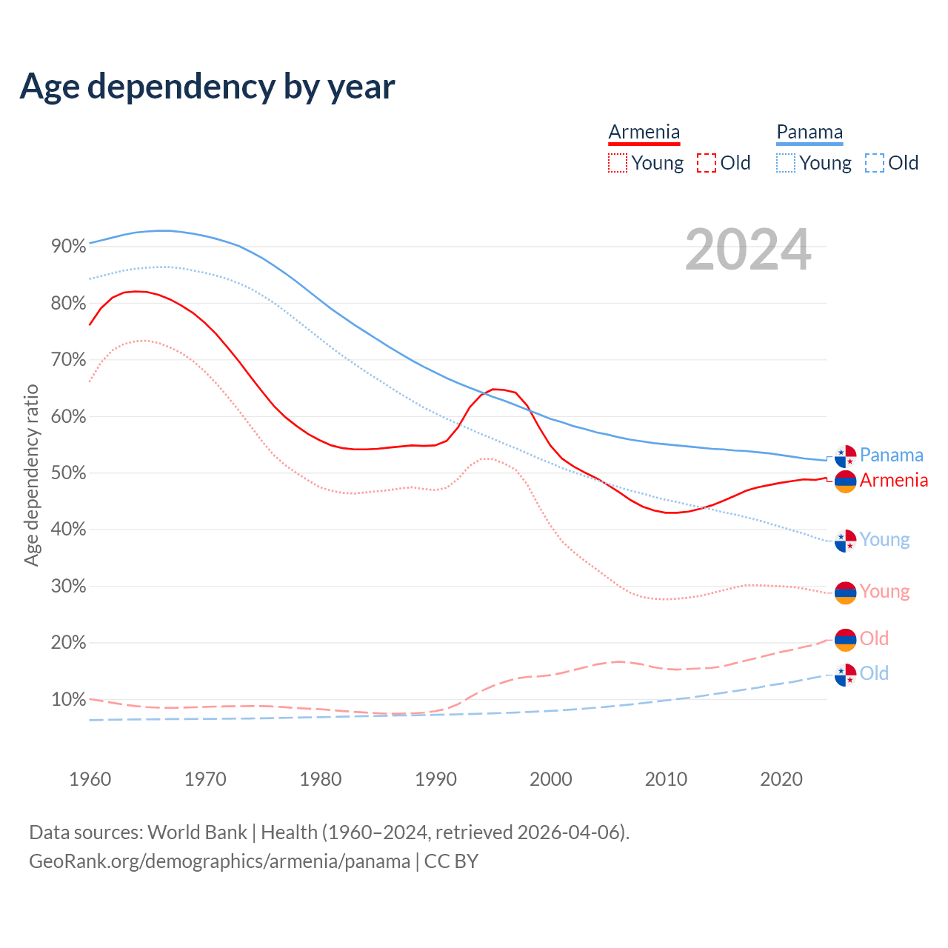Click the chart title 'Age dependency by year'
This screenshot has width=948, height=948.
(x=207, y=87)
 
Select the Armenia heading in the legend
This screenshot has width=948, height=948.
(x=644, y=132)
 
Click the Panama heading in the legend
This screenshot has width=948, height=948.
(x=810, y=132)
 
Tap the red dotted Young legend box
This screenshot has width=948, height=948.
(x=617, y=163)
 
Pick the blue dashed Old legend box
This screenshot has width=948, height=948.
(x=874, y=163)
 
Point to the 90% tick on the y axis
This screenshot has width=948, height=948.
(x=69, y=247)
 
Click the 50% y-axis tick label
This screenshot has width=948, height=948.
(x=69, y=473)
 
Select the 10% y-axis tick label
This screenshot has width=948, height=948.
(x=69, y=699)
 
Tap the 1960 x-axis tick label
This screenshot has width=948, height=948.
(x=90, y=779)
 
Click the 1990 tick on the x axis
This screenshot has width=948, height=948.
(x=435, y=779)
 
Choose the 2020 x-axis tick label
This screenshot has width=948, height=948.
(x=781, y=779)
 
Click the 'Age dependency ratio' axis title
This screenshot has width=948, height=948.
(x=31, y=475)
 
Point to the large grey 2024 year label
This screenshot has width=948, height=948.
(x=748, y=250)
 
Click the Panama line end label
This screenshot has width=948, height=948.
(x=891, y=455)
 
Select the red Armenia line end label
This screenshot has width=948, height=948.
(x=893, y=480)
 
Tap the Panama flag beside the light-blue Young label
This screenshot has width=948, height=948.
(x=845, y=541)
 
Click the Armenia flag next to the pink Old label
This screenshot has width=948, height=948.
(x=845, y=640)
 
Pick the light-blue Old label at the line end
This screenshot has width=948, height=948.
(x=874, y=673)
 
